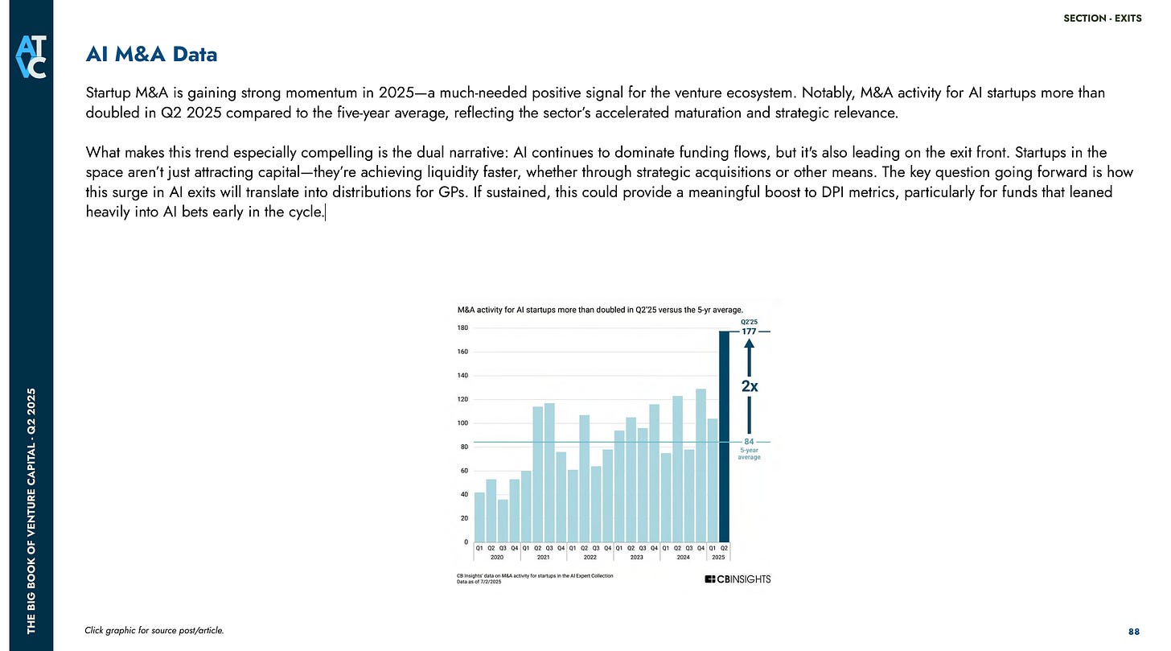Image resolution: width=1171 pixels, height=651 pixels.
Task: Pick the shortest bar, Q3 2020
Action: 503,520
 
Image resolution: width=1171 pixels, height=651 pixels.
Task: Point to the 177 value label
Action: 747,332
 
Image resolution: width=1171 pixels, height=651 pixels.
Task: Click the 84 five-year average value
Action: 748,442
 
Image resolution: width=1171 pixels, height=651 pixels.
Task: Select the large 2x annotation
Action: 749,385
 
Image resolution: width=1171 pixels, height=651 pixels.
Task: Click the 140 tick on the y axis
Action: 462,376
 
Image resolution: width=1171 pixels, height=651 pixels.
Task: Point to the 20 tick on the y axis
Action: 463,518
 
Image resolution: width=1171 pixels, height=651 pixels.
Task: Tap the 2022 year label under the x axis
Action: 590,556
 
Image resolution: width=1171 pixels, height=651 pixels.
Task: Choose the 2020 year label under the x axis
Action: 497,556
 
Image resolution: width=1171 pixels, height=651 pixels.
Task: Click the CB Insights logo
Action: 738,579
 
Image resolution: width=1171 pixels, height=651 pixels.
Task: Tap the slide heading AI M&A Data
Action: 151,55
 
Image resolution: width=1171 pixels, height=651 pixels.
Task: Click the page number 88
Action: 1135,630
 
